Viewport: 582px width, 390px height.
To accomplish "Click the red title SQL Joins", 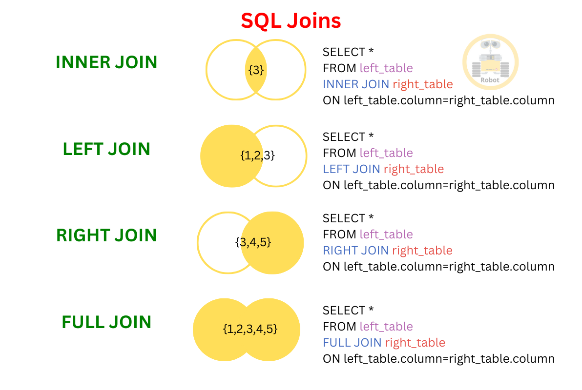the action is (x=291, y=20).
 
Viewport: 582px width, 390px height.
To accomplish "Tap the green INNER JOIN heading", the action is (x=106, y=62).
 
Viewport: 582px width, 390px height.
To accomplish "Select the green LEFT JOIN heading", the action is (x=106, y=149).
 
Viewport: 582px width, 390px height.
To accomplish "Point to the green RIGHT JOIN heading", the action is (x=106, y=235).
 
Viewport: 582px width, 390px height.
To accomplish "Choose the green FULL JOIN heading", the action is (x=106, y=322).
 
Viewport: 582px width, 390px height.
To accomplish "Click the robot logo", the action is (x=490, y=62).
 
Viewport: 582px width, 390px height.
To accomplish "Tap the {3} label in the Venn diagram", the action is (x=256, y=70).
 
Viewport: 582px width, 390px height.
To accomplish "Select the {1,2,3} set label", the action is (x=257, y=156).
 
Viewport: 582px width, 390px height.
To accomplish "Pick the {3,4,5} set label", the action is (x=253, y=242).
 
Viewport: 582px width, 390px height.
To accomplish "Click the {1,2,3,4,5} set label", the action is (x=250, y=329).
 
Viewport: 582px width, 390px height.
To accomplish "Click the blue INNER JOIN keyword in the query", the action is (x=355, y=84).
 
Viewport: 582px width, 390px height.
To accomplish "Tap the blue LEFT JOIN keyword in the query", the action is (x=351, y=169).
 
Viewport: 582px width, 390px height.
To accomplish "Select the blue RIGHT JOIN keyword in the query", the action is (x=355, y=251).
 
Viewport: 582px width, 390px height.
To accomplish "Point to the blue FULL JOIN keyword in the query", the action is (x=352, y=343).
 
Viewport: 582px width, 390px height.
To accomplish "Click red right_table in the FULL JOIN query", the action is (x=415, y=343).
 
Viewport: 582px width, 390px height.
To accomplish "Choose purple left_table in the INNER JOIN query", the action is (x=386, y=68).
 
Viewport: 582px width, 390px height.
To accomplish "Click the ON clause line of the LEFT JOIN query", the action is (x=438, y=185).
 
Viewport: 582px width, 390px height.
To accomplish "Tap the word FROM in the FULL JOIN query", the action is (x=339, y=327).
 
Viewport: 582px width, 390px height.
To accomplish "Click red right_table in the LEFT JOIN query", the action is (x=414, y=169).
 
